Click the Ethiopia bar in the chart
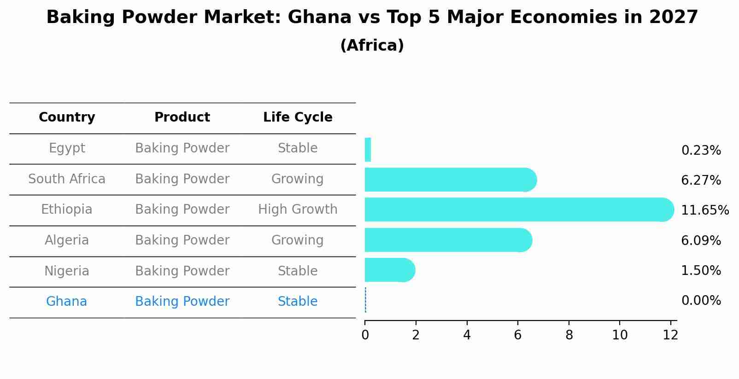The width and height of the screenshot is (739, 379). [x=516, y=210]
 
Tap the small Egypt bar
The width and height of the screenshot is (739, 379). [x=368, y=150]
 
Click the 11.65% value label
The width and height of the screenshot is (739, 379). [x=704, y=210]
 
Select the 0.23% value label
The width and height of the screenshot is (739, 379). [x=701, y=151]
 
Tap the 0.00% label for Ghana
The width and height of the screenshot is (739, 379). [x=701, y=301]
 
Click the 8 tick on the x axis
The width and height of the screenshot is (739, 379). [x=569, y=335]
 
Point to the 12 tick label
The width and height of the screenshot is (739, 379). [x=670, y=335]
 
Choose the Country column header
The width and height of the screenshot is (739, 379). [x=67, y=117]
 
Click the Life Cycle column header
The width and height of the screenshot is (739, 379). [x=298, y=117]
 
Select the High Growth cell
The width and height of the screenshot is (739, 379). [x=298, y=210]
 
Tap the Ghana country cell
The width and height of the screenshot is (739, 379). [x=66, y=302]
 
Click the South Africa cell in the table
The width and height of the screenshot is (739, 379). [x=67, y=179]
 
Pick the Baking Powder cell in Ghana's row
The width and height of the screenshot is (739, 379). [x=182, y=302]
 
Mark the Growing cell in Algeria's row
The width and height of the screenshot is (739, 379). [x=297, y=240]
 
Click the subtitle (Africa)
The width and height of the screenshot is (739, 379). [x=372, y=46]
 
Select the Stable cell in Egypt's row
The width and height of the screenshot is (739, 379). [x=298, y=148]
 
